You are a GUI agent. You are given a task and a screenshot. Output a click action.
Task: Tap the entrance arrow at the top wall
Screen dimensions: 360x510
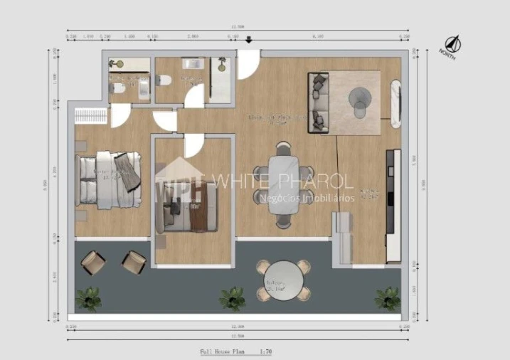pos(248,41)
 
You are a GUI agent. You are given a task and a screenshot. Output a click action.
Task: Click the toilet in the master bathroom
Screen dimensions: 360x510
pos(117,88)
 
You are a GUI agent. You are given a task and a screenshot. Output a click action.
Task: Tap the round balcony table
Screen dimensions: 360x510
pos(283,280)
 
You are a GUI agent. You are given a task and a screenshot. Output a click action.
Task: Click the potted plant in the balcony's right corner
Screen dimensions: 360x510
pos(388,297)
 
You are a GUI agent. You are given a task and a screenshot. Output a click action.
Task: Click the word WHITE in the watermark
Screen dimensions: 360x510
pos(238,181)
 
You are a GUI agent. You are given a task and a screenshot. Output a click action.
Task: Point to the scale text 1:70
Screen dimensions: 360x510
pos(266,351)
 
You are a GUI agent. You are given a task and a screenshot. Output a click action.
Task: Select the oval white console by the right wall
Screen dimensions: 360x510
pos(395,105)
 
